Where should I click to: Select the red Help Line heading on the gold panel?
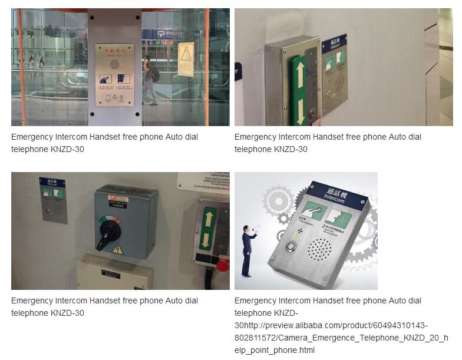click(114, 51)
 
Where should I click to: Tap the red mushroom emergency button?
click(222, 265)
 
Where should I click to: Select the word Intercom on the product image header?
click(338, 201)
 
